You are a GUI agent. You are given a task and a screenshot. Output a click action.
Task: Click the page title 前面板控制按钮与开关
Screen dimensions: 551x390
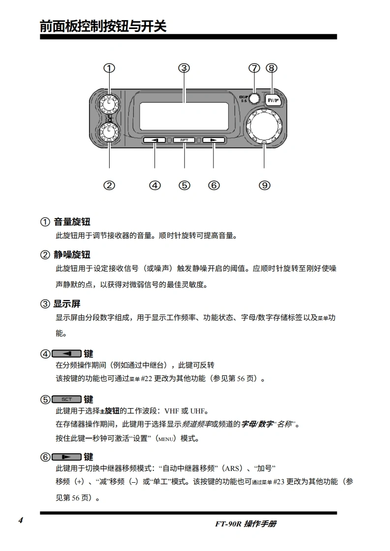click(x=103, y=26)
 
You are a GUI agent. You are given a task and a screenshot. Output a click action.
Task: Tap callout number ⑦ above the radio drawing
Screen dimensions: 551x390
click(x=254, y=68)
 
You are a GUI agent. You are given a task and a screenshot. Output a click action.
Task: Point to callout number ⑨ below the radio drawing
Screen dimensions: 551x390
click(x=265, y=185)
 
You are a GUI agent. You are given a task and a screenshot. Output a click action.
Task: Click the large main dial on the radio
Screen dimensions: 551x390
click(x=265, y=126)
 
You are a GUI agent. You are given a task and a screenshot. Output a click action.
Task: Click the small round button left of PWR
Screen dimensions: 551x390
click(x=254, y=99)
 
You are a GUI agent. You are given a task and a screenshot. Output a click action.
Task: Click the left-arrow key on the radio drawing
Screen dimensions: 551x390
click(x=155, y=140)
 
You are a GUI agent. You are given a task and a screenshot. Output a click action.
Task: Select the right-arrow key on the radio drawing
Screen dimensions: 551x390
click(x=213, y=140)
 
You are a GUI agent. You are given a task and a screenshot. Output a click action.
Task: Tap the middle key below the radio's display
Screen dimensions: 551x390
click(x=184, y=140)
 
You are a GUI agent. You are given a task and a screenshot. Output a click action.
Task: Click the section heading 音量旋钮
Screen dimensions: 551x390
click(x=72, y=222)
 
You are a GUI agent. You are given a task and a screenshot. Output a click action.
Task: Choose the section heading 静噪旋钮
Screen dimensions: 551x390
click(x=72, y=255)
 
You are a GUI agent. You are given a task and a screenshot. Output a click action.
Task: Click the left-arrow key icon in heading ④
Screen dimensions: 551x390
click(x=66, y=354)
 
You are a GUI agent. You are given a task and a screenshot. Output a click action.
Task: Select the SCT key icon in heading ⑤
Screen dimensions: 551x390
click(x=66, y=399)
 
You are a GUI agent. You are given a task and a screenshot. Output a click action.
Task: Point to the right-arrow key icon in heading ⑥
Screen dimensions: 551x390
click(x=66, y=457)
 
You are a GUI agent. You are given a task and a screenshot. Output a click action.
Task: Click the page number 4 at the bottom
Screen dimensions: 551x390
click(x=21, y=521)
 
